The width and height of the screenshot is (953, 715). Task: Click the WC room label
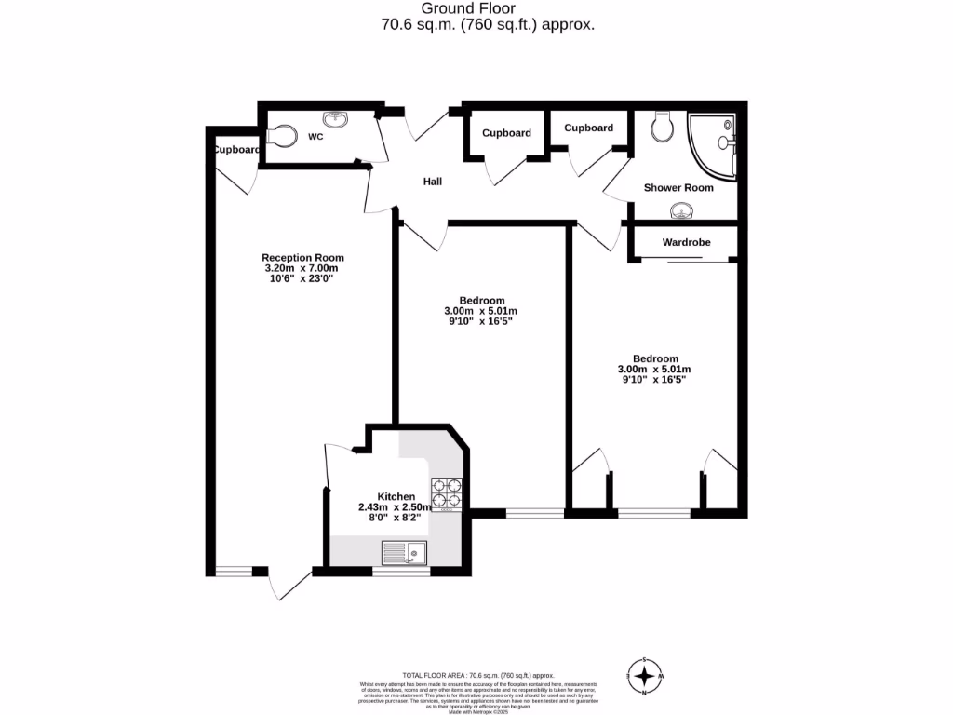(x=315, y=137)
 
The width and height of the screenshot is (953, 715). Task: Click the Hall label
(x=433, y=182)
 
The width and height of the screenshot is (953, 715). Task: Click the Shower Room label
(x=678, y=188)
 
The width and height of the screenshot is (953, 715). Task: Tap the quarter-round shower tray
(x=714, y=144)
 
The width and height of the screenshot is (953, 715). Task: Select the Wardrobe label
(x=686, y=242)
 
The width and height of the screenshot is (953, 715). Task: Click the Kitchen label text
(x=396, y=496)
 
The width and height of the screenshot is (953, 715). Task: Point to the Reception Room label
(x=302, y=258)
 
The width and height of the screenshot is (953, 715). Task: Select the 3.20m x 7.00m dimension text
(x=302, y=268)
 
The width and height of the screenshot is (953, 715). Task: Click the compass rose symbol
(x=643, y=674)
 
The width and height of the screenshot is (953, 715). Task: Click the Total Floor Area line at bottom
(x=477, y=675)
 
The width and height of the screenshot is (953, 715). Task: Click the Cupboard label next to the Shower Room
(x=588, y=128)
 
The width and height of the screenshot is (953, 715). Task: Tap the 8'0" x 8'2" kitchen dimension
(x=396, y=518)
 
